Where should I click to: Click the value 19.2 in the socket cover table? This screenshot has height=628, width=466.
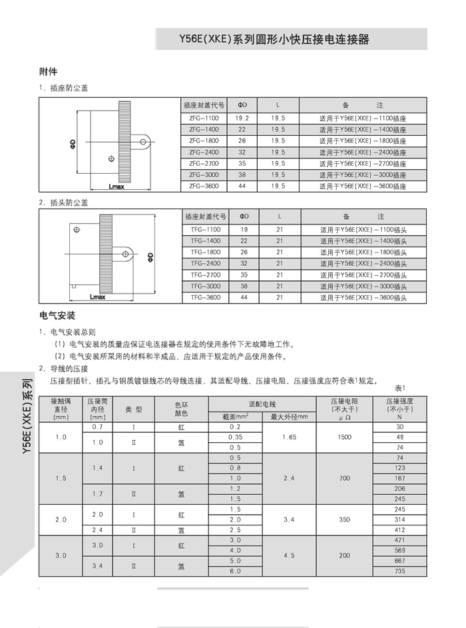point(242,117)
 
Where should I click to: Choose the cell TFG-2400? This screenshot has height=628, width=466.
point(204,263)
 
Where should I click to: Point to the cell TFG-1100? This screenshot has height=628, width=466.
point(204,229)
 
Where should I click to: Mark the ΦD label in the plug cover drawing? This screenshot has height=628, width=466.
point(150,256)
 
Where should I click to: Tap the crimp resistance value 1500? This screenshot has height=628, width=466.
point(344,437)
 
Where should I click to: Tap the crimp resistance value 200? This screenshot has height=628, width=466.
point(344,555)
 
